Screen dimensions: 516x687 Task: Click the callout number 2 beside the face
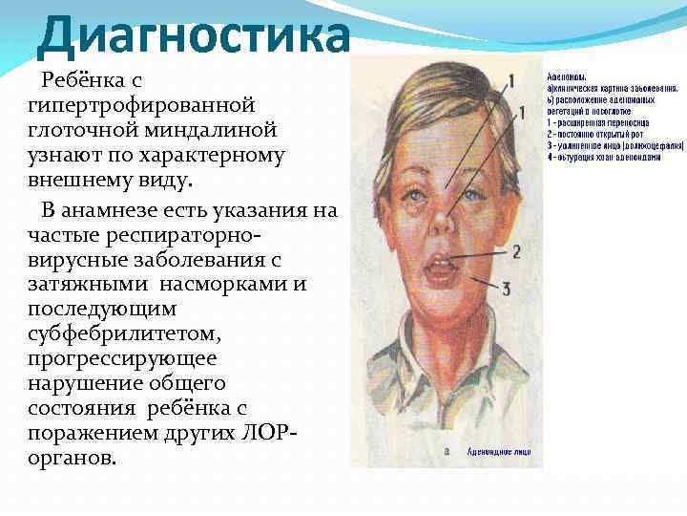click(x=515, y=252)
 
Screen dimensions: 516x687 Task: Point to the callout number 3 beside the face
click(x=507, y=288)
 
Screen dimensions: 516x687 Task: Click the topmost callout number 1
click(x=511, y=80)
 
